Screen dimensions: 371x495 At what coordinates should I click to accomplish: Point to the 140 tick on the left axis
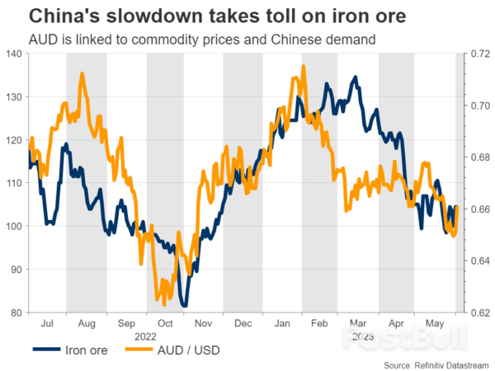click(14, 54)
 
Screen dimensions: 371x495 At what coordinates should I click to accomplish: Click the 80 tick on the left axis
click(16, 312)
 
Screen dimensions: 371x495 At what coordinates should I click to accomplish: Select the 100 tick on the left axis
click(14, 226)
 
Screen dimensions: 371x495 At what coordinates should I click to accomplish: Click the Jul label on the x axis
click(47, 324)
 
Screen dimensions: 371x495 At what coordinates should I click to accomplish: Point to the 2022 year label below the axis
click(147, 336)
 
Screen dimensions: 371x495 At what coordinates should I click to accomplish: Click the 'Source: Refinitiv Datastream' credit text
click(434, 364)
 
